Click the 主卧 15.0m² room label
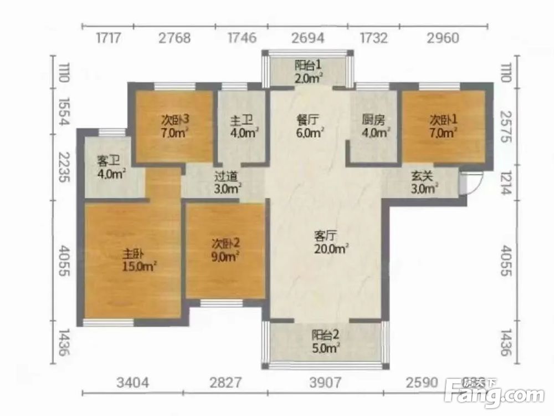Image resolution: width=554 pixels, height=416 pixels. coord(139,260)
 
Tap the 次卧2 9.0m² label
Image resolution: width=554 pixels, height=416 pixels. coord(226,250)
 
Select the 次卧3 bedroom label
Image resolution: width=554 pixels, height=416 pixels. coord(175,126)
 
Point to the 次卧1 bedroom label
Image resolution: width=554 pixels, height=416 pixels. coord(443,126)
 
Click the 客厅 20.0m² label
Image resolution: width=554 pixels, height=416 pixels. coord(331,242)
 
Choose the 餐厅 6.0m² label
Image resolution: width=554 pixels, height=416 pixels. coord(310,126)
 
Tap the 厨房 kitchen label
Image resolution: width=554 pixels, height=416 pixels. coord(376,126)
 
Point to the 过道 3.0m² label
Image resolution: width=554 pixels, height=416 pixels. coord(228,182)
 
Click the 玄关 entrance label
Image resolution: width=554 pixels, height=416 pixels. coord(424,182)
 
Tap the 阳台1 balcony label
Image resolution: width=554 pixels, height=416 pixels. coord(309,72)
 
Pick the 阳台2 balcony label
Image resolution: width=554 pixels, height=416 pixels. coord(325,342)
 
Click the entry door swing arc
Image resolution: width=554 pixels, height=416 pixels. coord(478,184)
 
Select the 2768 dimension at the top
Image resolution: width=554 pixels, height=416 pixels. coord(175,38)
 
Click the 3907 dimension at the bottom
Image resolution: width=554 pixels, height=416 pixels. coord(325,382)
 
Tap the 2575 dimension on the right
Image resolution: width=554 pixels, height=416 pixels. coord(506,126)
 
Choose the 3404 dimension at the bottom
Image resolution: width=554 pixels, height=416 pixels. coord(132,382)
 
